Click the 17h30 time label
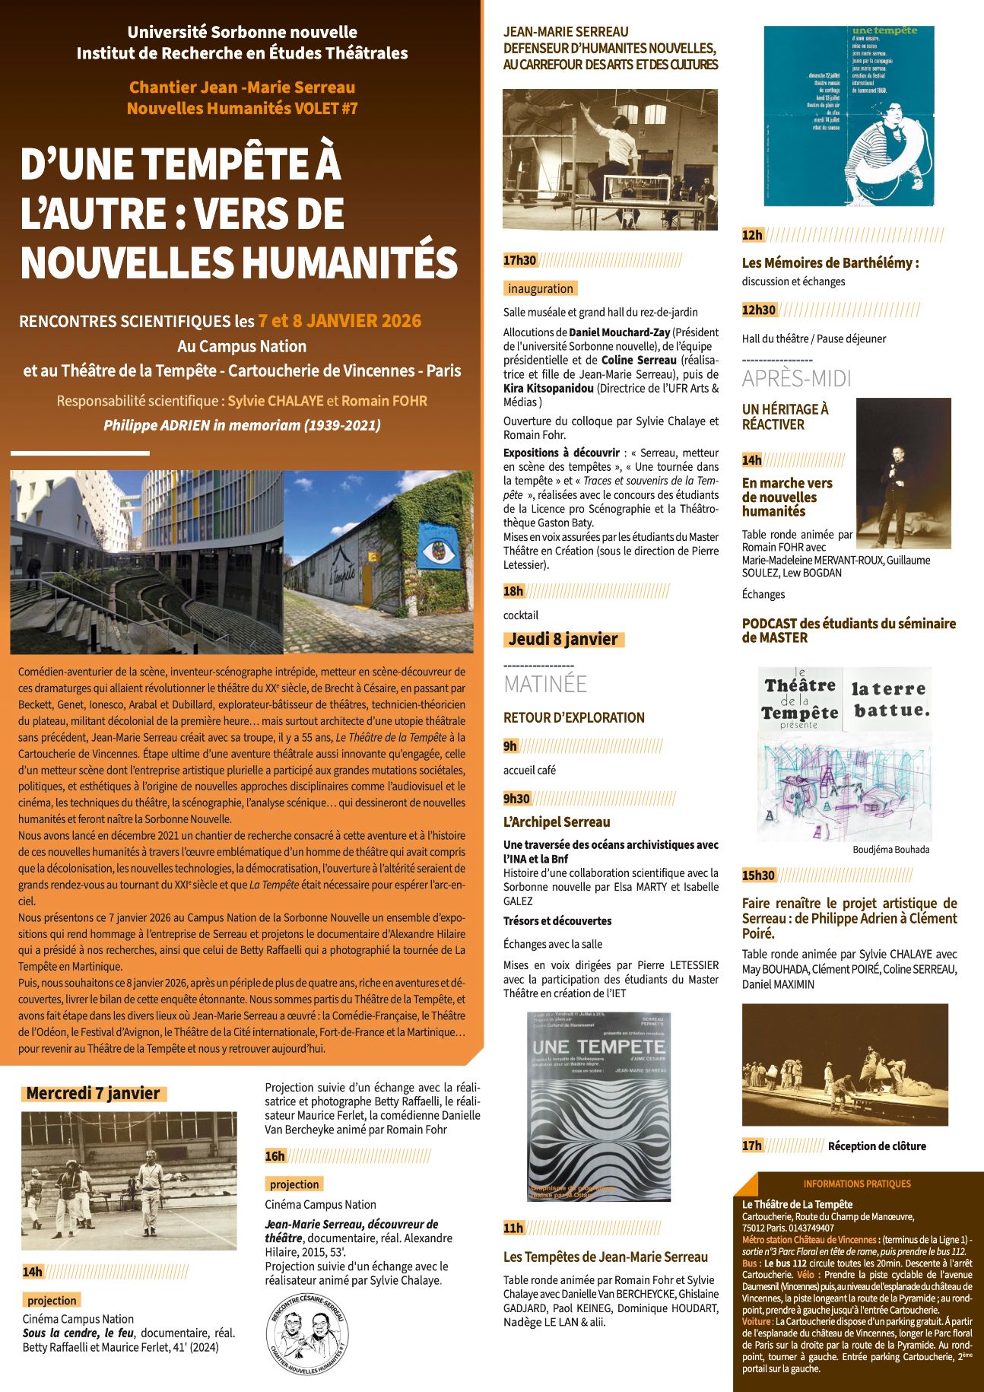click(x=519, y=261)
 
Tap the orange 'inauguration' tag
click(x=541, y=288)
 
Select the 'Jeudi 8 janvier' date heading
click(x=563, y=639)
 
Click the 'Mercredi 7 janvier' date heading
click(x=93, y=1093)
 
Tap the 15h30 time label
click(x=758, y=875)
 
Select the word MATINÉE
click(x=545, y=684)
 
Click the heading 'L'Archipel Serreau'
click(x=557, y=822)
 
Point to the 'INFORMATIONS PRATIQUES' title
click(x=856, y=1184)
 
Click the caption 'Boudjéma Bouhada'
click(x=890, y=850)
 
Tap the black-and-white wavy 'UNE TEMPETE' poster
click(x=599, y=1107)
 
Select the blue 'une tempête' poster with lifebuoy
click(x=849, y=116)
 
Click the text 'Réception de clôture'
click(x=877, y=1146)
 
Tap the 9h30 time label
click(x=516, y=798)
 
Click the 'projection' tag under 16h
click(x=294, y=1184)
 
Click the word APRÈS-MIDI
click(x=796, y=378)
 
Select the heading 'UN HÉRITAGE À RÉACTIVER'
click(x=786, y=417)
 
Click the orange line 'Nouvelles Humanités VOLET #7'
click(x=242, y=108)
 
